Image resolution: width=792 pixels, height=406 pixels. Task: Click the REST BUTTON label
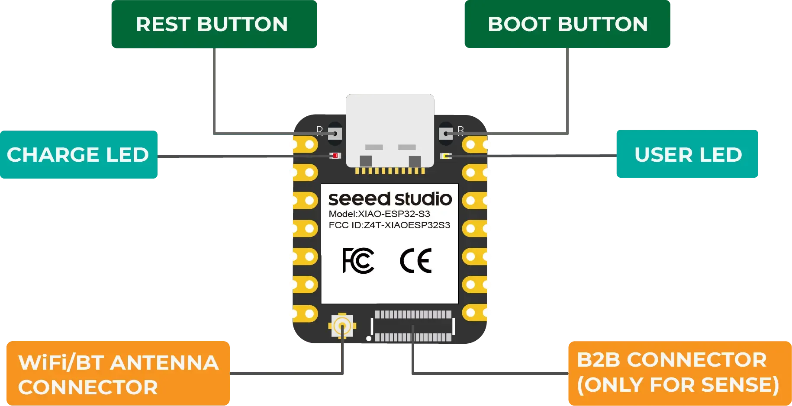[212, 24]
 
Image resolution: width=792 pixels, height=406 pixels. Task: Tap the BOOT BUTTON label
[567, 24]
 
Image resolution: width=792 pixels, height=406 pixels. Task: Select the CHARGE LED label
[78, 155]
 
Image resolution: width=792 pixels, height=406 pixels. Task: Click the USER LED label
[688, 155]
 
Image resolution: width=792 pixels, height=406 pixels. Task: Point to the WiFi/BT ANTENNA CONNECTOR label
[118, 374]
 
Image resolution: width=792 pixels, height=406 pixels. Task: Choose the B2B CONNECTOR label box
[678, 373]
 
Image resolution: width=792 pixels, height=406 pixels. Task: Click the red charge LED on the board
[335, 156]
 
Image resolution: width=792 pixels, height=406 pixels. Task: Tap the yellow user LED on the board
[446, 156]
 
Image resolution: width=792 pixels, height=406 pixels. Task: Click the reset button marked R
[335, 133]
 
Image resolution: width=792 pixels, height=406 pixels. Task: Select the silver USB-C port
[390, 130]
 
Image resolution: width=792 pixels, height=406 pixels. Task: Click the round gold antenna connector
[342, 326]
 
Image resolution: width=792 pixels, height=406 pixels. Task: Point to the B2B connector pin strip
[413, 326]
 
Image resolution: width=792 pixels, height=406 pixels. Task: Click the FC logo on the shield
[358, 261]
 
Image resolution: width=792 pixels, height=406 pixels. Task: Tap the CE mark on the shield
[415, 261]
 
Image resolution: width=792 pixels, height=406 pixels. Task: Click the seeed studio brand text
[390, 199]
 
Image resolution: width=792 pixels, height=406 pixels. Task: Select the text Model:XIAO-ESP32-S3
[379, 214]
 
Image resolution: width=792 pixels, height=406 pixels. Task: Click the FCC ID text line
[389, 225]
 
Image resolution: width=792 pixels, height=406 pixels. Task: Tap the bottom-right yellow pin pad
[476, 313]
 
